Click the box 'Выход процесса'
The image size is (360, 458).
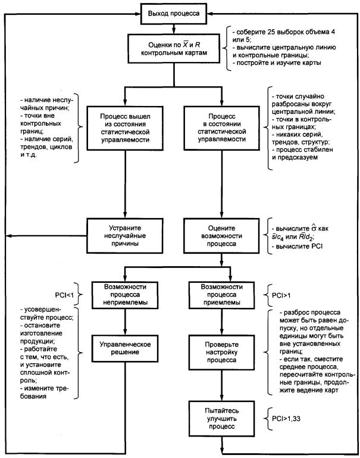(174, 14)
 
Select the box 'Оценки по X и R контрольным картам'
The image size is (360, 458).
(174, 48)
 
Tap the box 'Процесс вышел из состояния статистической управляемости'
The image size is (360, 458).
(125, 128)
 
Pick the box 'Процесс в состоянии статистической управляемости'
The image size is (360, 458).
(222, 128)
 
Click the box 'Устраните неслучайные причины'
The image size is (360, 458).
(125, 236)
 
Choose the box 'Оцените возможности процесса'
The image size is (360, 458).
(221, 236)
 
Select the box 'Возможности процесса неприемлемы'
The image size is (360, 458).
(125, 295)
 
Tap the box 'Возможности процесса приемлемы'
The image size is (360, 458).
(222, 295)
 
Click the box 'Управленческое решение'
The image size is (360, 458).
(125, 348)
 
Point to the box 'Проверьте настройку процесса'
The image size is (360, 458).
(222, 352)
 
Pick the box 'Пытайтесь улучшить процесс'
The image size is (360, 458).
(222, 419)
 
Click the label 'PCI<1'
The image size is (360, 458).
(64, 295)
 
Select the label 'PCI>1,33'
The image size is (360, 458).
(286, 419)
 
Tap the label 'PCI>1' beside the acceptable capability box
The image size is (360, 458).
(281, 295)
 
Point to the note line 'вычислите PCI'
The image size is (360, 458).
(298, 246)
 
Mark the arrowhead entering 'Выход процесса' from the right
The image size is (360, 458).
(210, 14)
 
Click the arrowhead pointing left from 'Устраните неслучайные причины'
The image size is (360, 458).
(9, 236)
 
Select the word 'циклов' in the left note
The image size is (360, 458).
(61, 147)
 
